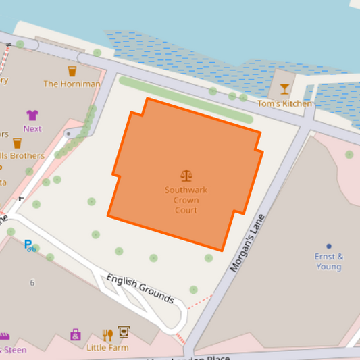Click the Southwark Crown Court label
point(186,200)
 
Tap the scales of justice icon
point(186,176)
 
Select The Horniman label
point(72,84)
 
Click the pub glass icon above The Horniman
point(72,71)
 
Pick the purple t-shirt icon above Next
point(32,115)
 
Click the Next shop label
point(32,128)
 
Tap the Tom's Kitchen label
point(284,104)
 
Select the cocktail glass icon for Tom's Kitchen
point(284,89)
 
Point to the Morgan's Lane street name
point(245,243)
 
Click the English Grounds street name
point(140,288)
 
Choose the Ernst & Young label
point(328,261)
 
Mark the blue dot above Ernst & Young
point(329,246)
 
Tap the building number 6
point(32,282)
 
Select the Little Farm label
point(107,348)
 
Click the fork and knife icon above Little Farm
point(107,334)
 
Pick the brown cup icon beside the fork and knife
point(124,332)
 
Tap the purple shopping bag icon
point(76,334)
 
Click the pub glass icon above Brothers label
point(18,143)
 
